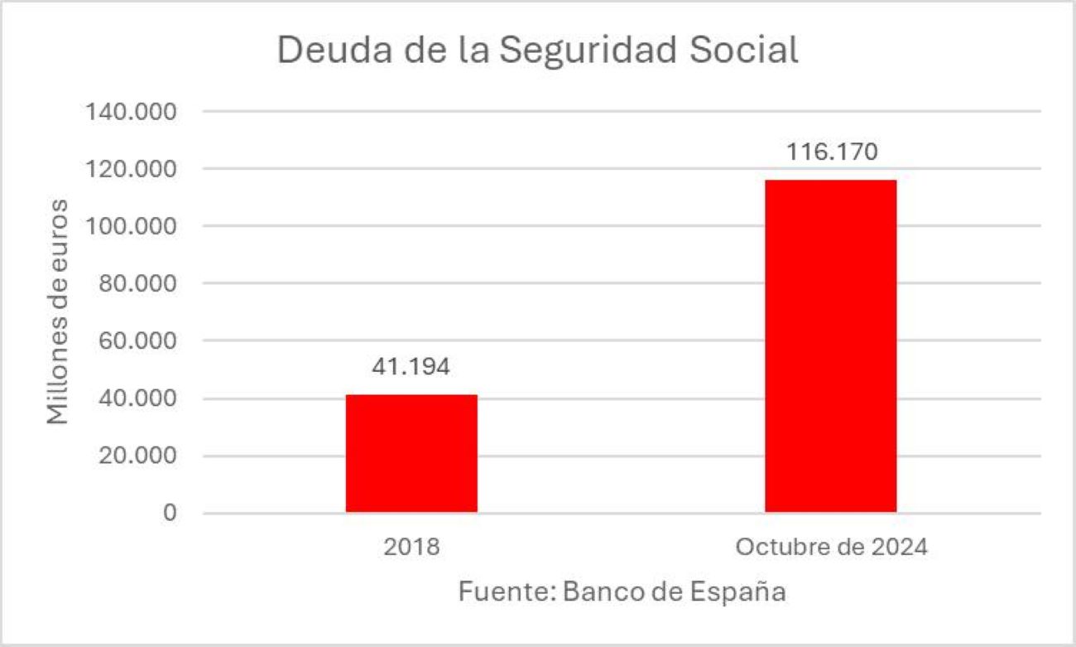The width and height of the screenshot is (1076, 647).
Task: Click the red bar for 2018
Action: [411, 453]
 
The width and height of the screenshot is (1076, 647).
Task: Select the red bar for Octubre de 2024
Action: [830, 345]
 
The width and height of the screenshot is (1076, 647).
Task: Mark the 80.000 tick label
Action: [137, 284]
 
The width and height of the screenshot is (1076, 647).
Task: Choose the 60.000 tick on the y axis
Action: [137, 341]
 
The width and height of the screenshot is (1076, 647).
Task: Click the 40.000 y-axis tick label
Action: [137, 398]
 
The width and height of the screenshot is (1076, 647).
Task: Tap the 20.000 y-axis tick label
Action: [137, 456]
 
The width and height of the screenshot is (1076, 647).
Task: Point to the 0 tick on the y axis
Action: [170, 514]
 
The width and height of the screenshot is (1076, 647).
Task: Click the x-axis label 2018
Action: [411, 548]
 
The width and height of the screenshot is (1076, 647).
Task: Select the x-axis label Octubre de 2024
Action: [831, 548]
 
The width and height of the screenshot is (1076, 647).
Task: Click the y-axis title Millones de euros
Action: [57, 312]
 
